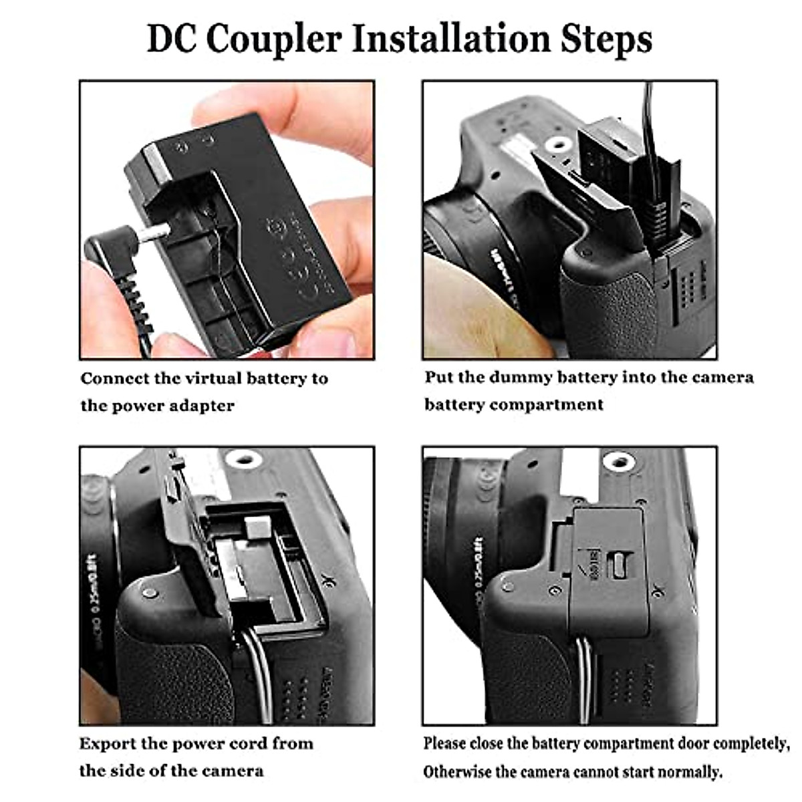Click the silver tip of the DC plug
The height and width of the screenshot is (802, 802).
click(x=155, y=234)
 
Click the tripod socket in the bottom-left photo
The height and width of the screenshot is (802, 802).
click(x=243, y=459)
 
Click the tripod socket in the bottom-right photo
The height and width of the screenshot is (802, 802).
click(x=618, y=461)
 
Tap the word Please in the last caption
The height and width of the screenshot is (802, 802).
click(x=444, y=743)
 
